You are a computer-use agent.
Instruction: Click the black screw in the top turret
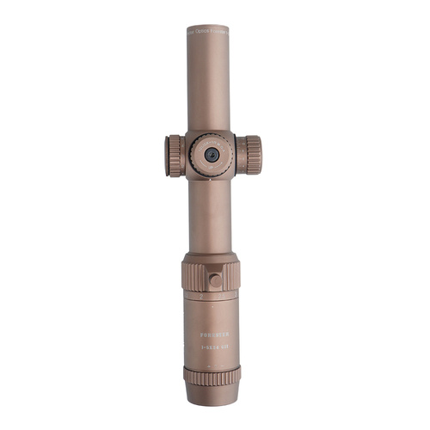click(211, 155)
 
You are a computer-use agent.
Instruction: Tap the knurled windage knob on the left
click(175, 156)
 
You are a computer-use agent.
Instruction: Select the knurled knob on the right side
click(250, 155)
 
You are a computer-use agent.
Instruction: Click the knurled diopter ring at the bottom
click(212, 376)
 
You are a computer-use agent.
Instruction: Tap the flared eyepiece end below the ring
click(212, 395)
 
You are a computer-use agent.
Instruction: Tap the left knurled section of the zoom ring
click(192, 275)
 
